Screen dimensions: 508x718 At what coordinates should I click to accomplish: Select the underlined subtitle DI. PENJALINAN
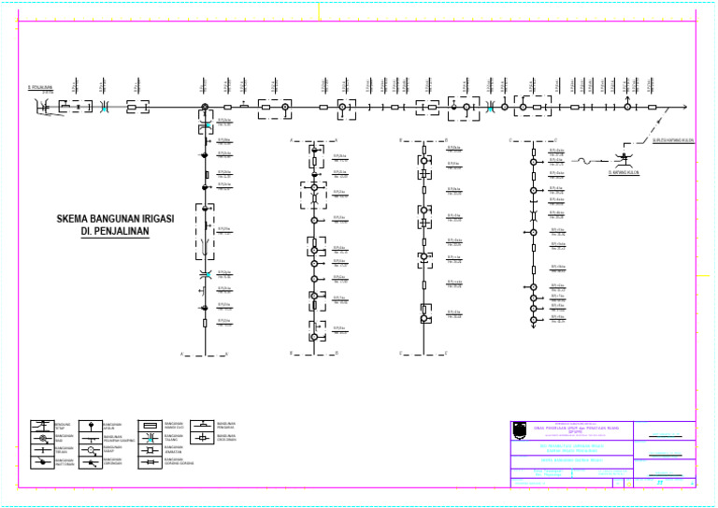tap(114, 232)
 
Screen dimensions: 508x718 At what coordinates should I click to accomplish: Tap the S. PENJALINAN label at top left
tap(39, 89)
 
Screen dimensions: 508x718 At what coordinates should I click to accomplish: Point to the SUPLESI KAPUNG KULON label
tap(672, 141)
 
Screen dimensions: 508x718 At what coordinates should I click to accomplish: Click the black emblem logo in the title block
tap(521, 430)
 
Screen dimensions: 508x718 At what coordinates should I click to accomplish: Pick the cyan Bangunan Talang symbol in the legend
tap(150, 437)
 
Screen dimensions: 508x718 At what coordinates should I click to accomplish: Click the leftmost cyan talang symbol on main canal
tap(105, 108)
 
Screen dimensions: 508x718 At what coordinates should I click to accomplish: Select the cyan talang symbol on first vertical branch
tap(206, 275)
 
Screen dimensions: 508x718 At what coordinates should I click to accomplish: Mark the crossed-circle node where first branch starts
tap(206, 121)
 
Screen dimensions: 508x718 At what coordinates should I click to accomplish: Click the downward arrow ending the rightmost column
tap(533, 326)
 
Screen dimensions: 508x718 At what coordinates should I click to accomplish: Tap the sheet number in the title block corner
tap(660, 482)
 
